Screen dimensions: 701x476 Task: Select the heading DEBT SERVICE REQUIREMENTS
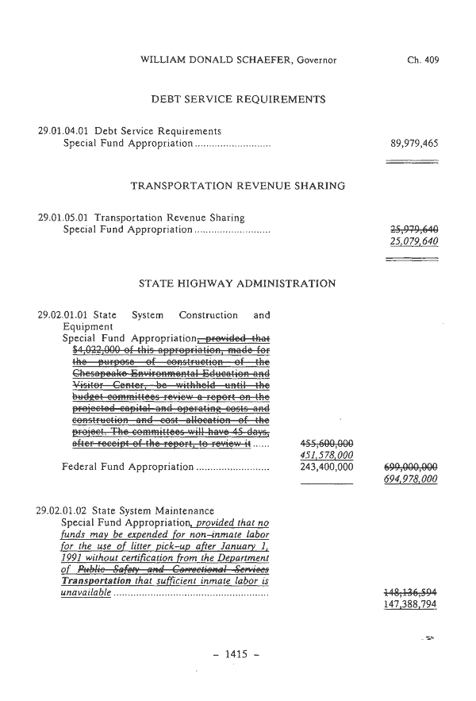(x=238, y=100)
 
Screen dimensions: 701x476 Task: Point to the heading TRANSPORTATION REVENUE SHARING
(x=237, y=187)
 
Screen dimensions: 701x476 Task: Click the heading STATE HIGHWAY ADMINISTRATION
(x=236, y=283)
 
